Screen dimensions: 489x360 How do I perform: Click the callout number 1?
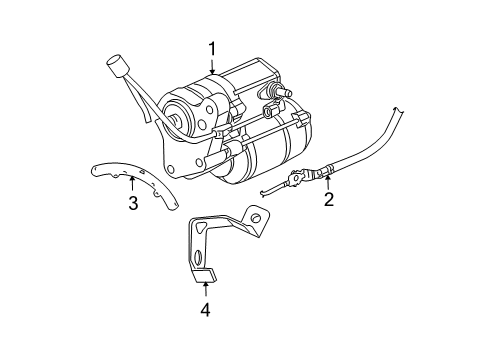pos(212,48)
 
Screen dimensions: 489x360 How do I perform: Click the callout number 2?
pos(327,199)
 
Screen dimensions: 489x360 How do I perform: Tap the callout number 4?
pos(204,310)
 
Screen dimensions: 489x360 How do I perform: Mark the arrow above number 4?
pos(204,290)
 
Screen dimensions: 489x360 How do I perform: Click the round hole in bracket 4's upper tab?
pos(257,217)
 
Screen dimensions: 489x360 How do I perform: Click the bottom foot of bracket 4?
pos(205,274)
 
